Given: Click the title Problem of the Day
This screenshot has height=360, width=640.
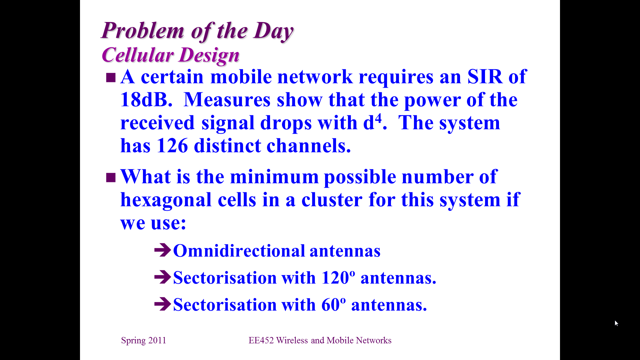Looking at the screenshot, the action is [x=197, y=31].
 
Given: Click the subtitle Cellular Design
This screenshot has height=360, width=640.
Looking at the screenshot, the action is [x=170, y=55].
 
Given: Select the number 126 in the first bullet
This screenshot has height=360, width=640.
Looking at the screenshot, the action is [x=172, y=146].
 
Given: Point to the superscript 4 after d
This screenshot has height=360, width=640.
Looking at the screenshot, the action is [x=378, y=118].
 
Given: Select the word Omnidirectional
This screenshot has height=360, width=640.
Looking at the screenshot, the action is [x=239, y=251].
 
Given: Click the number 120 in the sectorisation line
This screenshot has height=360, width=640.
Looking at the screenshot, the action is [x=335, y=278].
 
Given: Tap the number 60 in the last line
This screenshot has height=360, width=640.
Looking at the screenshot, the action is [x=331, y=305].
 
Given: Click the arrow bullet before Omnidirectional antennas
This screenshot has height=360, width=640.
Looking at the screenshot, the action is [x=163, y=250].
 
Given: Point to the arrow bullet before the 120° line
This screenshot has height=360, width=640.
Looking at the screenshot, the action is [x=163, y=277].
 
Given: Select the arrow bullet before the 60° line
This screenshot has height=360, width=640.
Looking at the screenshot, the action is [x=163, y=304].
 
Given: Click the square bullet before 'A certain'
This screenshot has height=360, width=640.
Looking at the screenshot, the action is [x=111, y=78].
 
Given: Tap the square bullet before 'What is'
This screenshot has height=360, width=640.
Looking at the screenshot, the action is [x=111, y=178].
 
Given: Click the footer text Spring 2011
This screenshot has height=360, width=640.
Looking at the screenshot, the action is [x=144, y=340].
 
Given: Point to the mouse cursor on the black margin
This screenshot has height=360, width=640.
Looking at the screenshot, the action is [x=616, y=323].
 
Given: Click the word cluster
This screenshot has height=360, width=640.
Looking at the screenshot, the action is [x=332, y=200].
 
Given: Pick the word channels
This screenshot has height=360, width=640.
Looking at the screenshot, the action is [x=309, y=146].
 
